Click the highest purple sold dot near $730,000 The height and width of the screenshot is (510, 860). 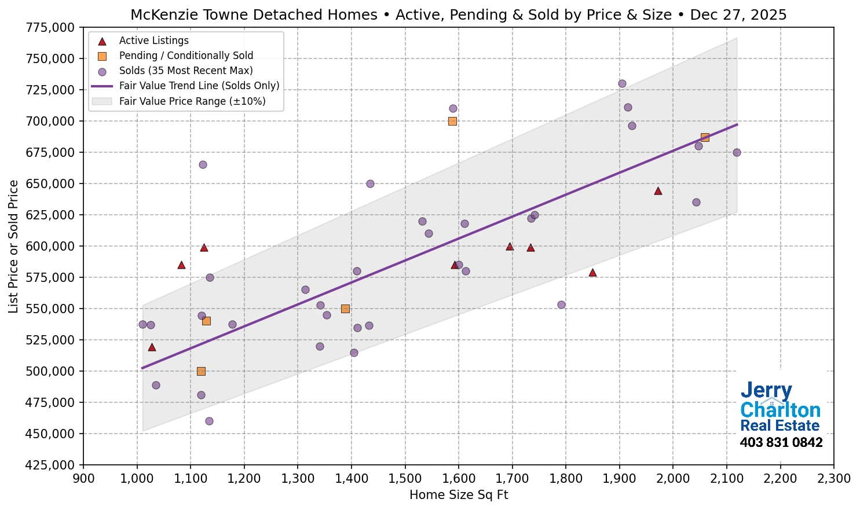pos(622,83)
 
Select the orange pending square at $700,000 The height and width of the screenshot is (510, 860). pos(452,121)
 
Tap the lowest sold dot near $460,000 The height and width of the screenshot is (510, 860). pos(209,421)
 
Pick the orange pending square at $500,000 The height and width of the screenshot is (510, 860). pos(201,371)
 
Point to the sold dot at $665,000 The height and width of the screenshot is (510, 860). pos(203,164)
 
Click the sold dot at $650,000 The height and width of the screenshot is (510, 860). pos(370,184)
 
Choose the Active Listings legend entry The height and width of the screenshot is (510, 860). pos(153,41)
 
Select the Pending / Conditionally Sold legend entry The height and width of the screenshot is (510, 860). pos(186,56)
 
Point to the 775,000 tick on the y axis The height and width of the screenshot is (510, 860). pos(51,27)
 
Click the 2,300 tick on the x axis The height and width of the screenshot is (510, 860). pos(833,479)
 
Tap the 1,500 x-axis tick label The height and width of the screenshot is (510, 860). pos(405,479)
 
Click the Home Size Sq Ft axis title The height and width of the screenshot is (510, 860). pos(458,495)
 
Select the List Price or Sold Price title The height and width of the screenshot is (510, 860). pos(13,246)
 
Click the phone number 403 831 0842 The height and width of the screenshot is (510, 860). pos(781,442)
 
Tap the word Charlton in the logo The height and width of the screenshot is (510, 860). pos(780,410)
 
